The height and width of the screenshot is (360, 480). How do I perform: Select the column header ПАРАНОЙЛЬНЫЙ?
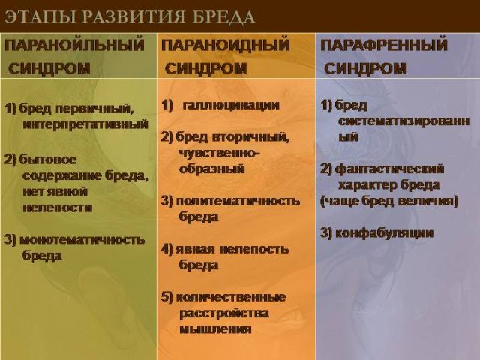pyautogui.click(x=74, y=45)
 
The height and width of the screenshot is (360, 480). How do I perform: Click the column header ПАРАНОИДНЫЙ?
pyautogui.click(x=232, y=45)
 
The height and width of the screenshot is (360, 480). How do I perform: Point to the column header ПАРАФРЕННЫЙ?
pyautogui.click(x=384, y=45)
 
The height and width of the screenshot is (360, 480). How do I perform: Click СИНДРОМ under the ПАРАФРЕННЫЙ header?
pyautogui.click(x=365, y=68)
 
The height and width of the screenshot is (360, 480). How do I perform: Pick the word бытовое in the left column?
pyautogui.click(x=45, y=160)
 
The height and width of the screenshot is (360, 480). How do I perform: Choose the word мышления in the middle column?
pyautogui.click(x=214, y=328)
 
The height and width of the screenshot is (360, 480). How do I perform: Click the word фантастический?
pyautogui.click(x=389, y=169)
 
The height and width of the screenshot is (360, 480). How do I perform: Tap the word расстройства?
pyautogui.click(x=223, y=313)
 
